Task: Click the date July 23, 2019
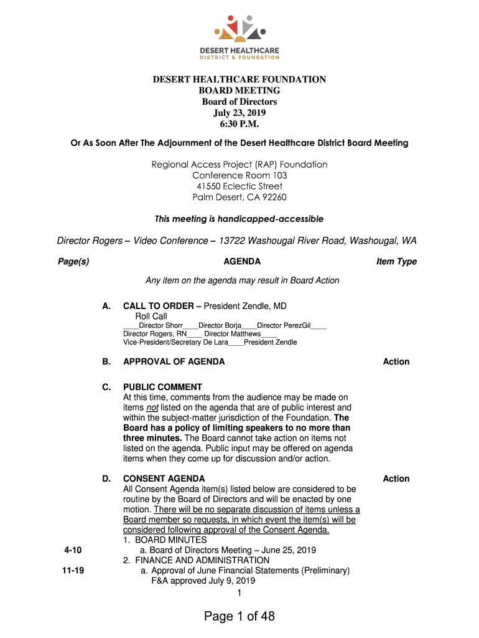pyautogui.click(x=240, y=113)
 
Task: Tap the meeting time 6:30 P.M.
pyautogui.click(x=240, y=124)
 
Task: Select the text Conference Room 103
pyautogui.click(x=240, y=176)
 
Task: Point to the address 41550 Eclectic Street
pyautogui.click(x=240, y=186)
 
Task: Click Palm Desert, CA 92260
pyautogui.click(x=240, y=198)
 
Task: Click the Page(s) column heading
pyautogui.click(x=73, y=262)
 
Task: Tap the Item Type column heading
pyautogui.click(x=396, y=262)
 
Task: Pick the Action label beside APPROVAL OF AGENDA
pyautogui.click(x=396, y=361)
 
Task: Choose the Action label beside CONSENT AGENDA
pyautogui.click(x=396, y=478)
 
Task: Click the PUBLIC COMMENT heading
pyautogui.click(x=162, y=387)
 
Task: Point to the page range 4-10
pyautogui.click(x=73, y=550)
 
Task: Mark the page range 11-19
pyautogui.click(x=73, y=570)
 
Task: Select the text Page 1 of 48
pyautogui.click(x=240, y=616)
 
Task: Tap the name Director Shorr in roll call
pyautogui.click(x=160, y=325)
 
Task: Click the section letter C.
pyautogui.click(x=106, y=387)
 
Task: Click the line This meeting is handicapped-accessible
pyautogui.click(x=239, y=219)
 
